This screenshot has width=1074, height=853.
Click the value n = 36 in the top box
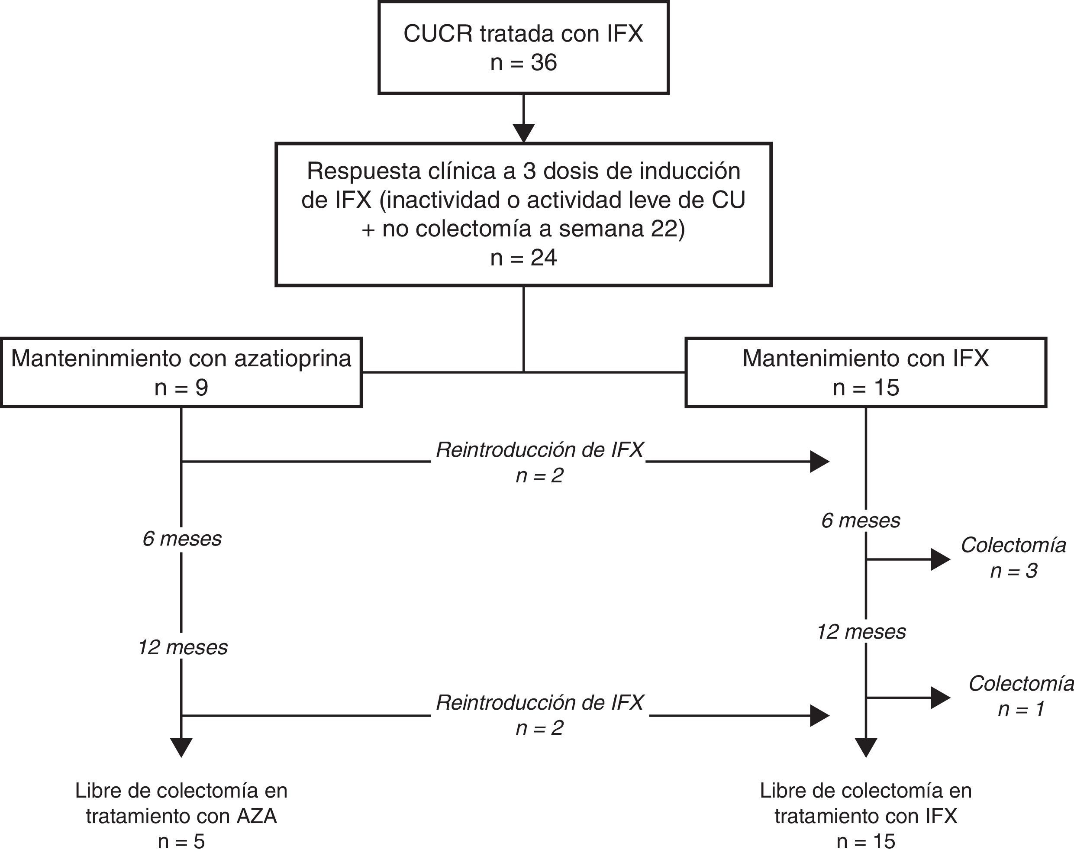pos(523,63)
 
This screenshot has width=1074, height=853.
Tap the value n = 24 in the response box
pos(523,258)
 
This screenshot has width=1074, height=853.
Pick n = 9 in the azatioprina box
pos(181,388)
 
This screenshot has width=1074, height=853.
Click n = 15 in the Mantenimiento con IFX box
pos(866,388)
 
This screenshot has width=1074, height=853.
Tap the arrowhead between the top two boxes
pos(523,132)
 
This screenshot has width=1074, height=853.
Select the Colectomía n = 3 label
pos(1013,558)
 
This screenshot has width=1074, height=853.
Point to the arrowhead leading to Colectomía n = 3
pos(940,559)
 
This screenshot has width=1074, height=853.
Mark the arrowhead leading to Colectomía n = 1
pos(940,698)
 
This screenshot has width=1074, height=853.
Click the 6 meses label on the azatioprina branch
pos(182,539)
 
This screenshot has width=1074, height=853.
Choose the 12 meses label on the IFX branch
pos(861,632)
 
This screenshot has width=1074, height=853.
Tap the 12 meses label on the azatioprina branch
pos(182,647)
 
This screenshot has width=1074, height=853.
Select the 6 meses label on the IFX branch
pos(861,520)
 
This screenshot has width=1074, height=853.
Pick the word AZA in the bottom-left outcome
pos(257,816)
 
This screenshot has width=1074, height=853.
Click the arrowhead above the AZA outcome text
pos(181,747)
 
